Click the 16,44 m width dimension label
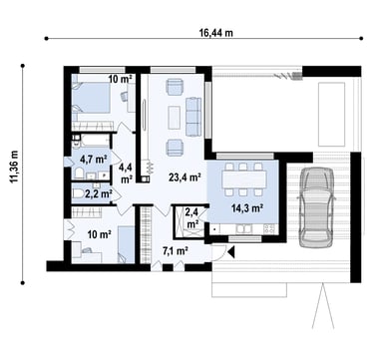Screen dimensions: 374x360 [216, 33]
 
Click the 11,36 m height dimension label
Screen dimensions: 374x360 [14, 167]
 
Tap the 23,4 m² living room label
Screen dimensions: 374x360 [184, 178]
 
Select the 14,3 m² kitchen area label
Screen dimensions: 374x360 [247, 208]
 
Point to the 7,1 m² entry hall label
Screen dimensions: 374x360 [176, 250]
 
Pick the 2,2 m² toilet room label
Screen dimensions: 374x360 [99, 193]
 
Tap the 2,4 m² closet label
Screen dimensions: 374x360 [192, 217]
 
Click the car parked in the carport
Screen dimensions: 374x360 [316, 206]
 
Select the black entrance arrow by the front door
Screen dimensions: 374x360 [231, 252]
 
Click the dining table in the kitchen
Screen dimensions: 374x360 [244, 180]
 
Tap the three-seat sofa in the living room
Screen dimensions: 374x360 [193, 117]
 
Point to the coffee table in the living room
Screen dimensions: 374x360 [174, 118]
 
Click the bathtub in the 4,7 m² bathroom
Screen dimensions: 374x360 [95, 141]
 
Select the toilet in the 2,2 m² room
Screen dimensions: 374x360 [79, 193]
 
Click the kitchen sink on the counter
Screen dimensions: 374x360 [245, 228]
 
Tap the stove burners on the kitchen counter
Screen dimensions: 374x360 [269, 228]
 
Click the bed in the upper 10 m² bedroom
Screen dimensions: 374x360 [91, 98]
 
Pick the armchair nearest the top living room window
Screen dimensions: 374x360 [175, 87]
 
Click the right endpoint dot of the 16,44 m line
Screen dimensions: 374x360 [361, 39]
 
